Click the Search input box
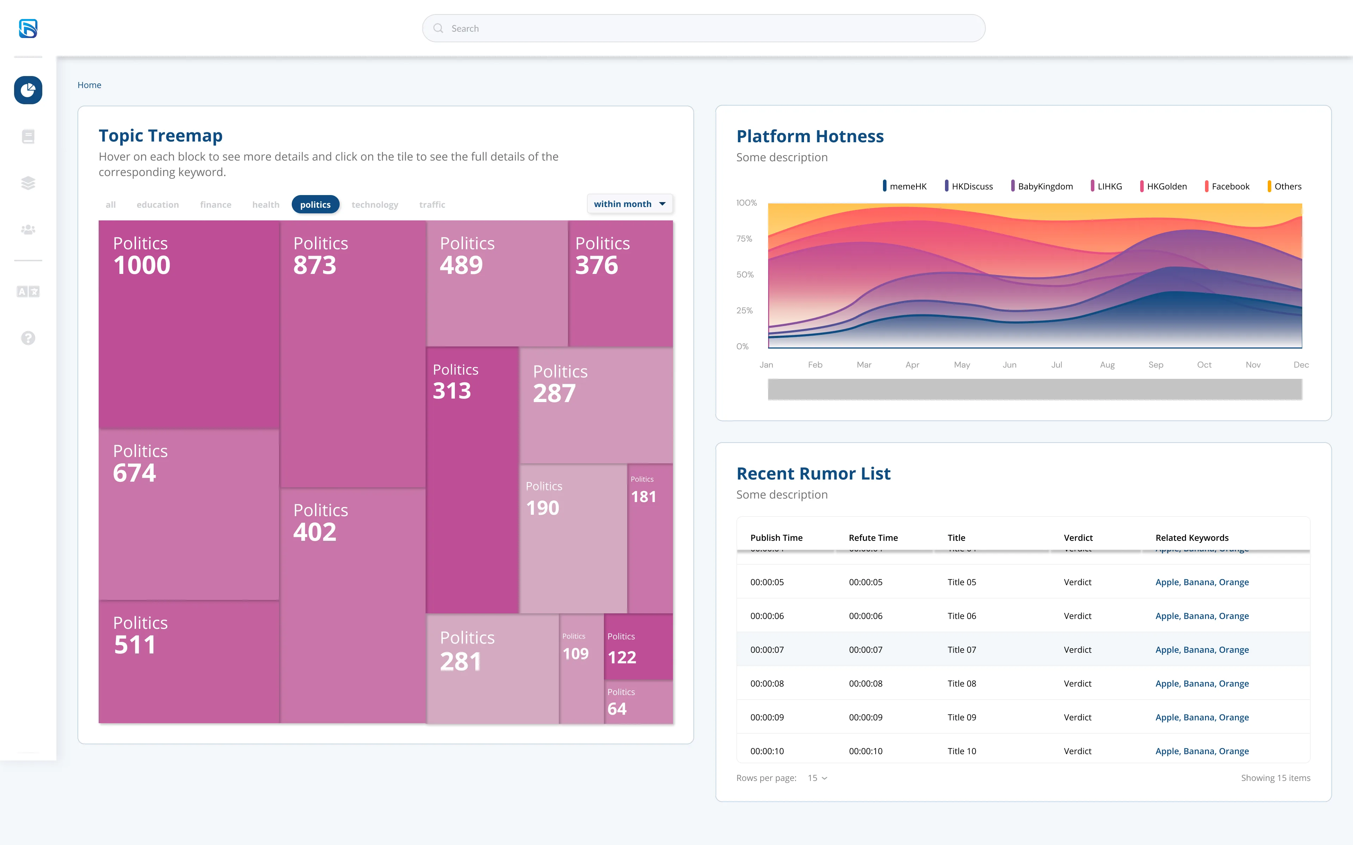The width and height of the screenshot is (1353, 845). click(703, 29)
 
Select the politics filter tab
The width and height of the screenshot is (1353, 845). click(315, 205)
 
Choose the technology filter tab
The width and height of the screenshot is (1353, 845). click(375, 205)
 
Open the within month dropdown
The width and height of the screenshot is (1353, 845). click(630, 204)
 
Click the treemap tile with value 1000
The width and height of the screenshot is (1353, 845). click(189, 324)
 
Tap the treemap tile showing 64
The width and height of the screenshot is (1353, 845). click(638, 702)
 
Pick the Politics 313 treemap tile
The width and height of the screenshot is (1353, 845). click(472, 480)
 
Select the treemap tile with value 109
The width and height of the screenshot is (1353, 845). click(581, 669)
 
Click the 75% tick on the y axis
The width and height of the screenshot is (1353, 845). click(744, 239)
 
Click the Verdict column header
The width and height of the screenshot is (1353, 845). click(1078, 538)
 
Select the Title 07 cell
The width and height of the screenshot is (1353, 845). click(962, 649)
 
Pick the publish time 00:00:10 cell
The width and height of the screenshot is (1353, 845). click(767, 751)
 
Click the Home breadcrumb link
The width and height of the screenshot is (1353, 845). click(89, 85)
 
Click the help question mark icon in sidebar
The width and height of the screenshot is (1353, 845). click(28, 338)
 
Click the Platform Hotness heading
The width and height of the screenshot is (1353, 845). click(810, 136)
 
